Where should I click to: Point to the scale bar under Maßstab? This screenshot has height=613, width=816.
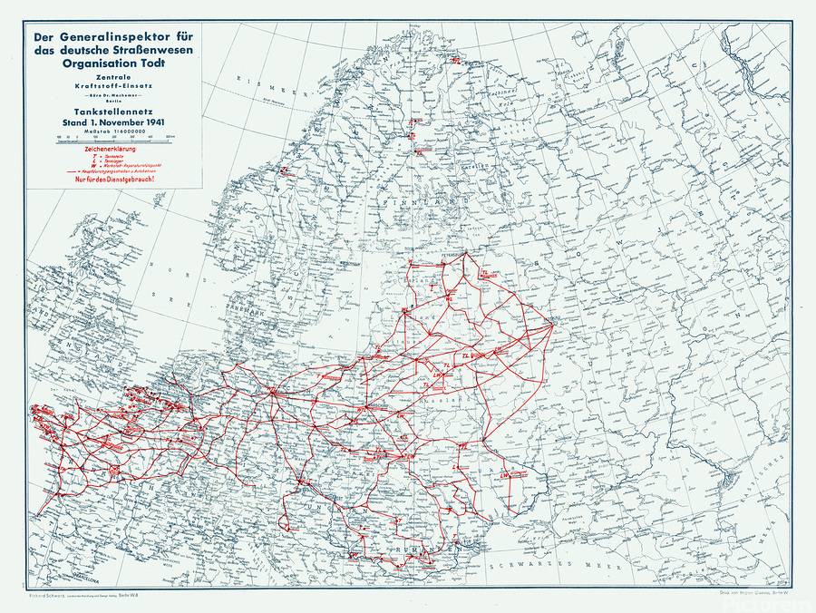point(113,141)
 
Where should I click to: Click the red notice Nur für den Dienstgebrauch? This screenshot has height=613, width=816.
point(113,180)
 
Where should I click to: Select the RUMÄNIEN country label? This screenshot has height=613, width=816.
point(426,550)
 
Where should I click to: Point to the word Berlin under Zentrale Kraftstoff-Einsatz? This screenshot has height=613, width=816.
point(112,102)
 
